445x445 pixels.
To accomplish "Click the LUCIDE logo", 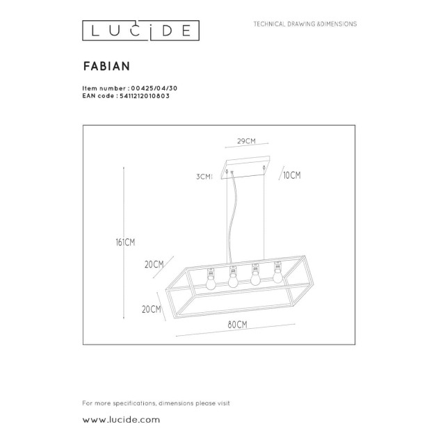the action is point(140,31).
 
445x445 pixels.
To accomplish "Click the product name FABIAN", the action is point(106,66).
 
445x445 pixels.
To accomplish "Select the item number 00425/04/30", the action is point(154,88).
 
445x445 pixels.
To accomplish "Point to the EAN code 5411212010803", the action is point(145,96).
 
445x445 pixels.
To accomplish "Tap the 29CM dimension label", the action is point(246,141).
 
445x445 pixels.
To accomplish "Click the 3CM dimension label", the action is point(204,177).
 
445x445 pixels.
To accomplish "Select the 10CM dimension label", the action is point(292,175).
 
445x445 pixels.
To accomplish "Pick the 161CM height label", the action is point(125,243).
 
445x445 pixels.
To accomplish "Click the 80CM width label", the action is point(237,325).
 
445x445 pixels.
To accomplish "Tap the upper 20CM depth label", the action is point(154,264).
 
